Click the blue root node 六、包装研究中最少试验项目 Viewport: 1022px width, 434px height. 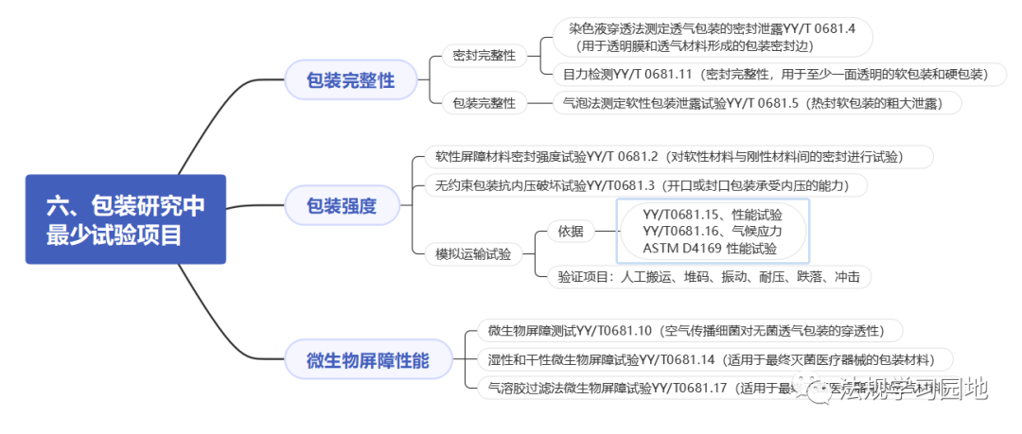[x=125, y=219]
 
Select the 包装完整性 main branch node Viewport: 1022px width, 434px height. [x=350, y=80]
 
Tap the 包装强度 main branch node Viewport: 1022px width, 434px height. [x=341, y=204]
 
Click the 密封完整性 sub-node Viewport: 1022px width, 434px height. [x=484, y=56]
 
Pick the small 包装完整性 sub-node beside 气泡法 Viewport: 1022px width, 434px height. [x=484, y=103]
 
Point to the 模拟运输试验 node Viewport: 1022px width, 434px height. [x=473, y=253]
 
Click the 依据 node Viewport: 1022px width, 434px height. [x=571, y=232]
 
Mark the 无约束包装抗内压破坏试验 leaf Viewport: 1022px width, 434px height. [x=645, y=185]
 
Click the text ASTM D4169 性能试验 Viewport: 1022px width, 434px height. [x=710, y=249]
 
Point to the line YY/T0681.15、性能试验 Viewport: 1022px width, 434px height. [x=712, y=215]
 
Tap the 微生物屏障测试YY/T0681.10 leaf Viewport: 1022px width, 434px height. [x=685, y=331]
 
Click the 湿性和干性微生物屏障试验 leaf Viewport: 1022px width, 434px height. [x=710, y=359]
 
